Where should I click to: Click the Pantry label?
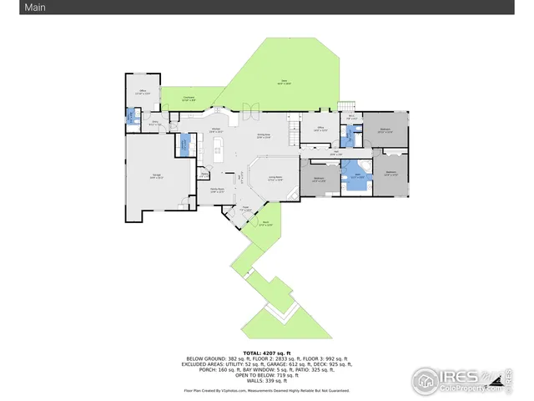tap(204, 175)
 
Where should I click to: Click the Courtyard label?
tap(189, 99)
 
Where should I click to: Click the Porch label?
tap(264, 224)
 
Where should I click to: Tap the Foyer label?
tap(246, 208)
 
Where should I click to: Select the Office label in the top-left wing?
tap(143, 92)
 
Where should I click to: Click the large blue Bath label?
tap(356, 176)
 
